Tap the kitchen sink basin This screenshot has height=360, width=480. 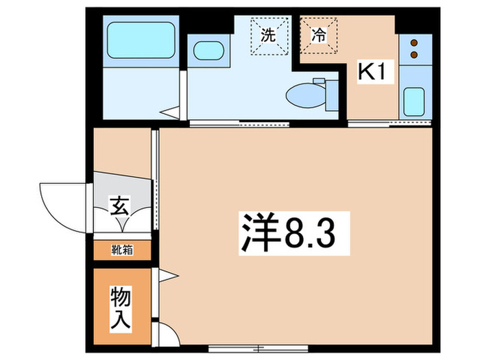[414, 101]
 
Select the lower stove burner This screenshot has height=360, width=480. [413, 53]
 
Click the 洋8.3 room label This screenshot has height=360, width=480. [287, 233]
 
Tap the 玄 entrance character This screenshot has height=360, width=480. [121, 205]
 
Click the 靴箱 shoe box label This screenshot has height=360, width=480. [121, 250]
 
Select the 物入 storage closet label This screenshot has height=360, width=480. [121, 307]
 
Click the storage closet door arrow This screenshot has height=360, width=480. [168, 276]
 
